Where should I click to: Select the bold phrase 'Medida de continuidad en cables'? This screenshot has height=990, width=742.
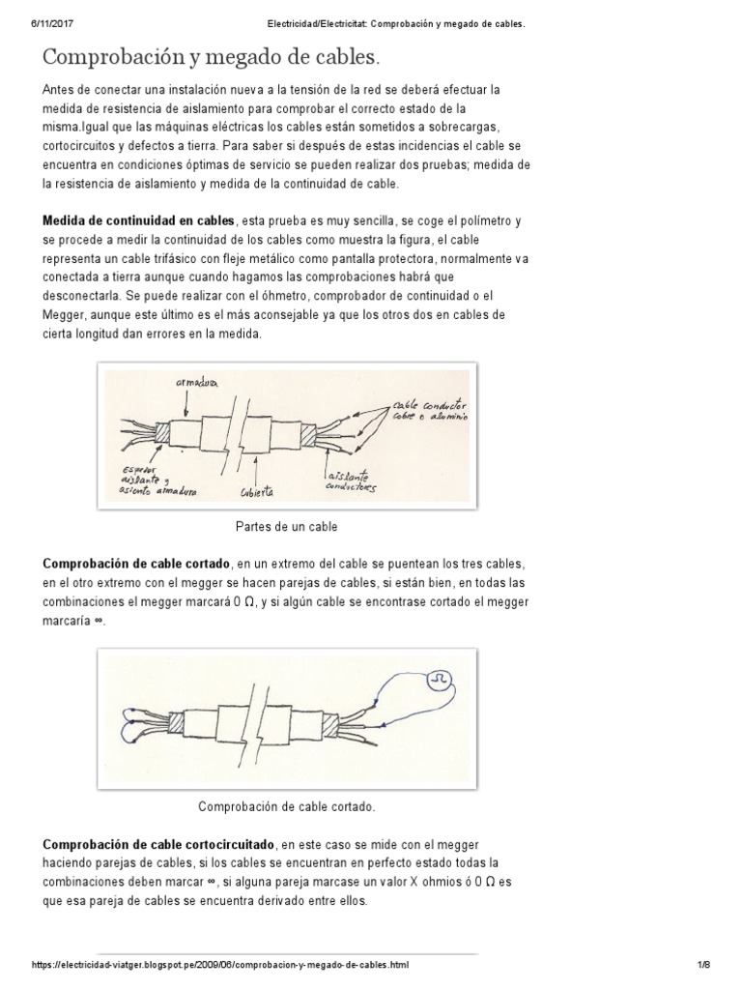click(138, 220)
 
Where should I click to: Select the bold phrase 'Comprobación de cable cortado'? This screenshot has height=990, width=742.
click(136, 563)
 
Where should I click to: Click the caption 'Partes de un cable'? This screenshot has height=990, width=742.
click(286, 527)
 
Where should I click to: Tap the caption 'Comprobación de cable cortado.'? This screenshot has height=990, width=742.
click(286, 805)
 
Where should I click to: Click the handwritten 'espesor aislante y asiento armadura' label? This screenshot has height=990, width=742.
click(159, 483)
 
